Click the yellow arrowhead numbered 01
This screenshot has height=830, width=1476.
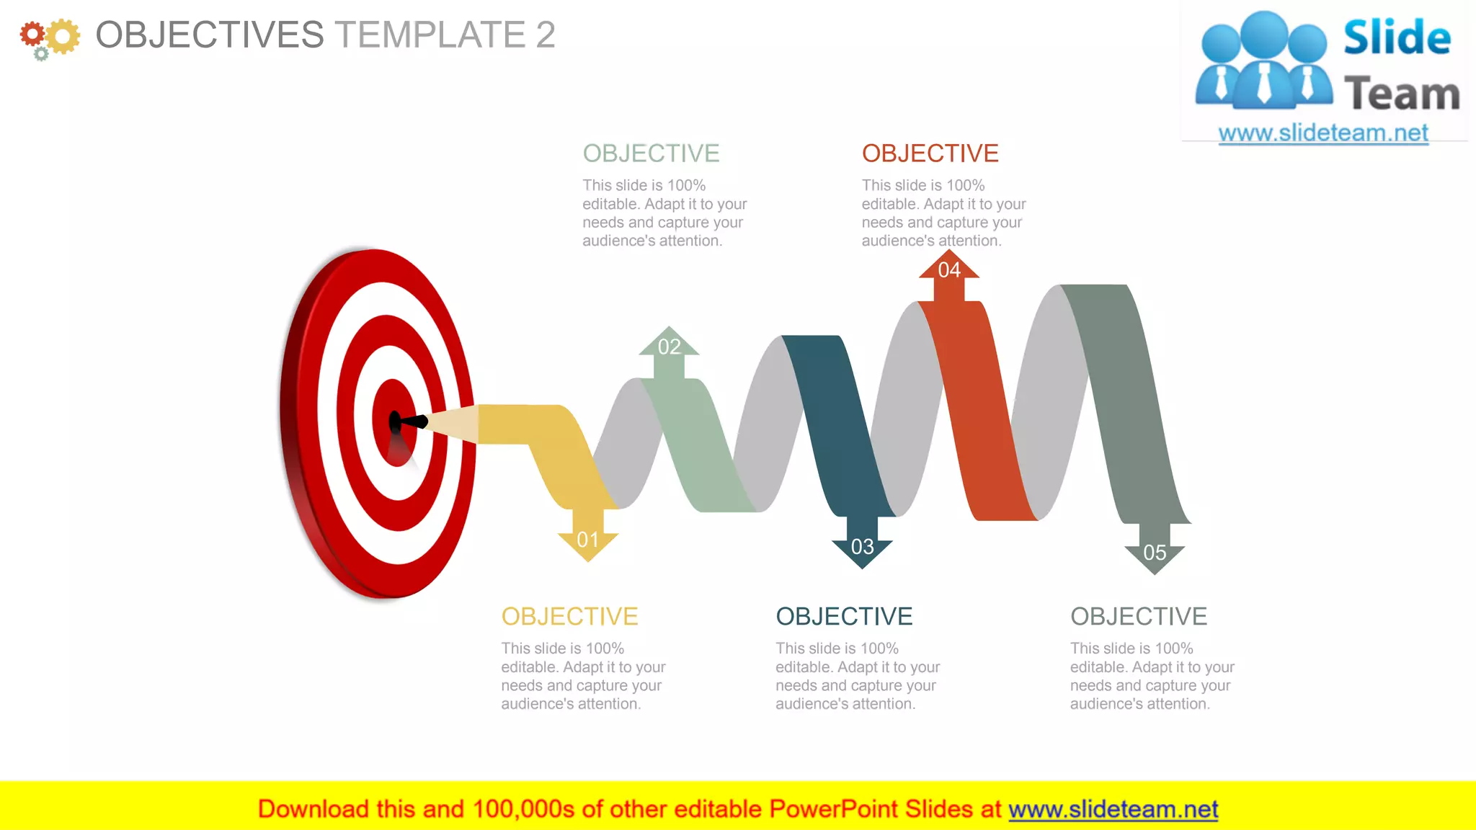point(588,540)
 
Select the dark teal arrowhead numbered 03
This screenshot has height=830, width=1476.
point(862,548)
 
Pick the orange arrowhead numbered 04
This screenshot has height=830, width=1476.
point(949,269)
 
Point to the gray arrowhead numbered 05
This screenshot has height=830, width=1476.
point(1155,554)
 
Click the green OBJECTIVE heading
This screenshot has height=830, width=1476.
point(651,153)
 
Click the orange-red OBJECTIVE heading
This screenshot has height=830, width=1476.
point(930,153)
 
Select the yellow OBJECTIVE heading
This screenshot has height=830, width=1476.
point(569,617)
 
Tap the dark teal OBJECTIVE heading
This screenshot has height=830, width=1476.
point(844,617)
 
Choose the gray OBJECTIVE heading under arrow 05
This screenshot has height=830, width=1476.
point(1139,617)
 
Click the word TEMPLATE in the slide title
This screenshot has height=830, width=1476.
point(430,35)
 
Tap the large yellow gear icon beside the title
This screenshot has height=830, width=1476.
point(63,36)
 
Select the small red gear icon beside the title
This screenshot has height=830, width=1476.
point(32,34)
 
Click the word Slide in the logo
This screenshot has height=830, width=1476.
point(1397,37)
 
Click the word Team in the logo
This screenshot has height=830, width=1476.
point(1402,94)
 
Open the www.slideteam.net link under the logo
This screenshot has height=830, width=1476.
point(1323,133)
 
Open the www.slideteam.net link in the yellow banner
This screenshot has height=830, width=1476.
point(1113,809)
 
